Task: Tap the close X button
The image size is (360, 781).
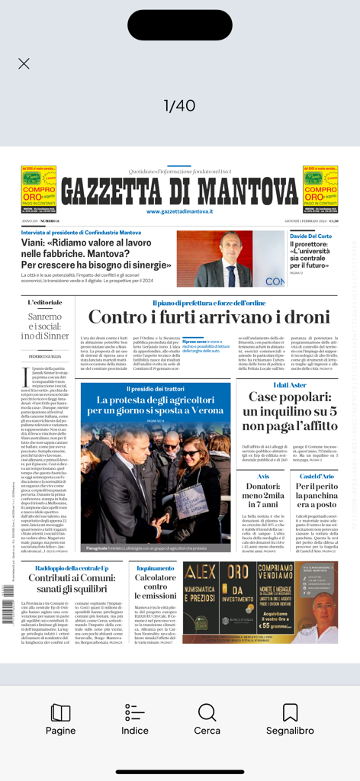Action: coord(24,64)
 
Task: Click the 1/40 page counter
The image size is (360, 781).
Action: coord(180,105)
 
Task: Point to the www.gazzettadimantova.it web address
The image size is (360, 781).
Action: coord(180,211)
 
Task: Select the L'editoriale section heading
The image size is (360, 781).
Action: coord(45,303)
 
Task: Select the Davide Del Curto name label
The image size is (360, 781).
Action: coord(310,236)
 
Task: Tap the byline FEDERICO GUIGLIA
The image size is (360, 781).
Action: coord(45,356)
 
